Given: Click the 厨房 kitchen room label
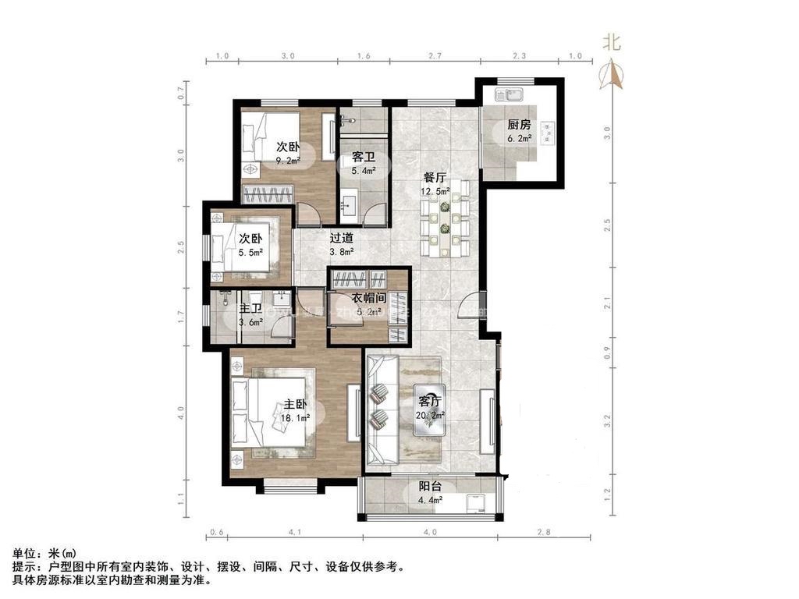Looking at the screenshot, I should point(519,125).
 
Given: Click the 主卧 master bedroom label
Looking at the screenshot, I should point(295,405).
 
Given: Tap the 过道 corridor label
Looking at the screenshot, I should point(341,239).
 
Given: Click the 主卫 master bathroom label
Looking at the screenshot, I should point(250,309).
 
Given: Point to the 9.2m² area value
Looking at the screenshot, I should point(288,161).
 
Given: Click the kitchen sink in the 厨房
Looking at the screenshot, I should point(513,97).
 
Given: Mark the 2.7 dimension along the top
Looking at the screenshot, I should point(435,56).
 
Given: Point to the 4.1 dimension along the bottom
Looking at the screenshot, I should point(294,533).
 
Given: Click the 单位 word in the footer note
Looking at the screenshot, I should point(23,553).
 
